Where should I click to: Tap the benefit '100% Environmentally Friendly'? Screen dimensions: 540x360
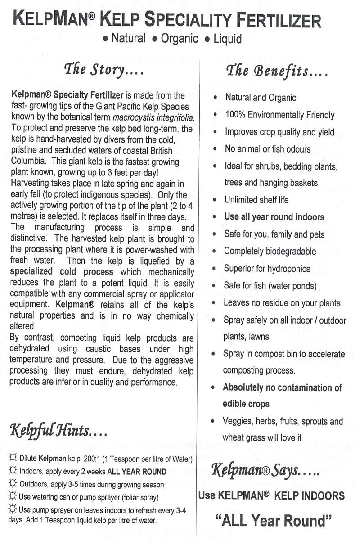pyautogui.click(x=279, y=115)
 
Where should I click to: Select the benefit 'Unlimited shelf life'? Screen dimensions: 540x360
pyautogui.click(x=256, y=200)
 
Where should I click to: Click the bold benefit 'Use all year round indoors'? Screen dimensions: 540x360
pyautogui.click(x=274, y=217)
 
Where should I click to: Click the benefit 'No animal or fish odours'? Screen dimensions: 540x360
pyautogui.click(x=268, y=149)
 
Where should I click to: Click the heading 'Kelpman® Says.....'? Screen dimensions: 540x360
pyautogui.click(x=265, y=471)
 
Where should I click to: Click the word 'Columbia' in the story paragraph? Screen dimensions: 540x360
pyautogui.click(x=27, y=161)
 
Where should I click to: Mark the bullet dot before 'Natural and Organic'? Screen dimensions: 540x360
pyautogui.click(x=217, y=97)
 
